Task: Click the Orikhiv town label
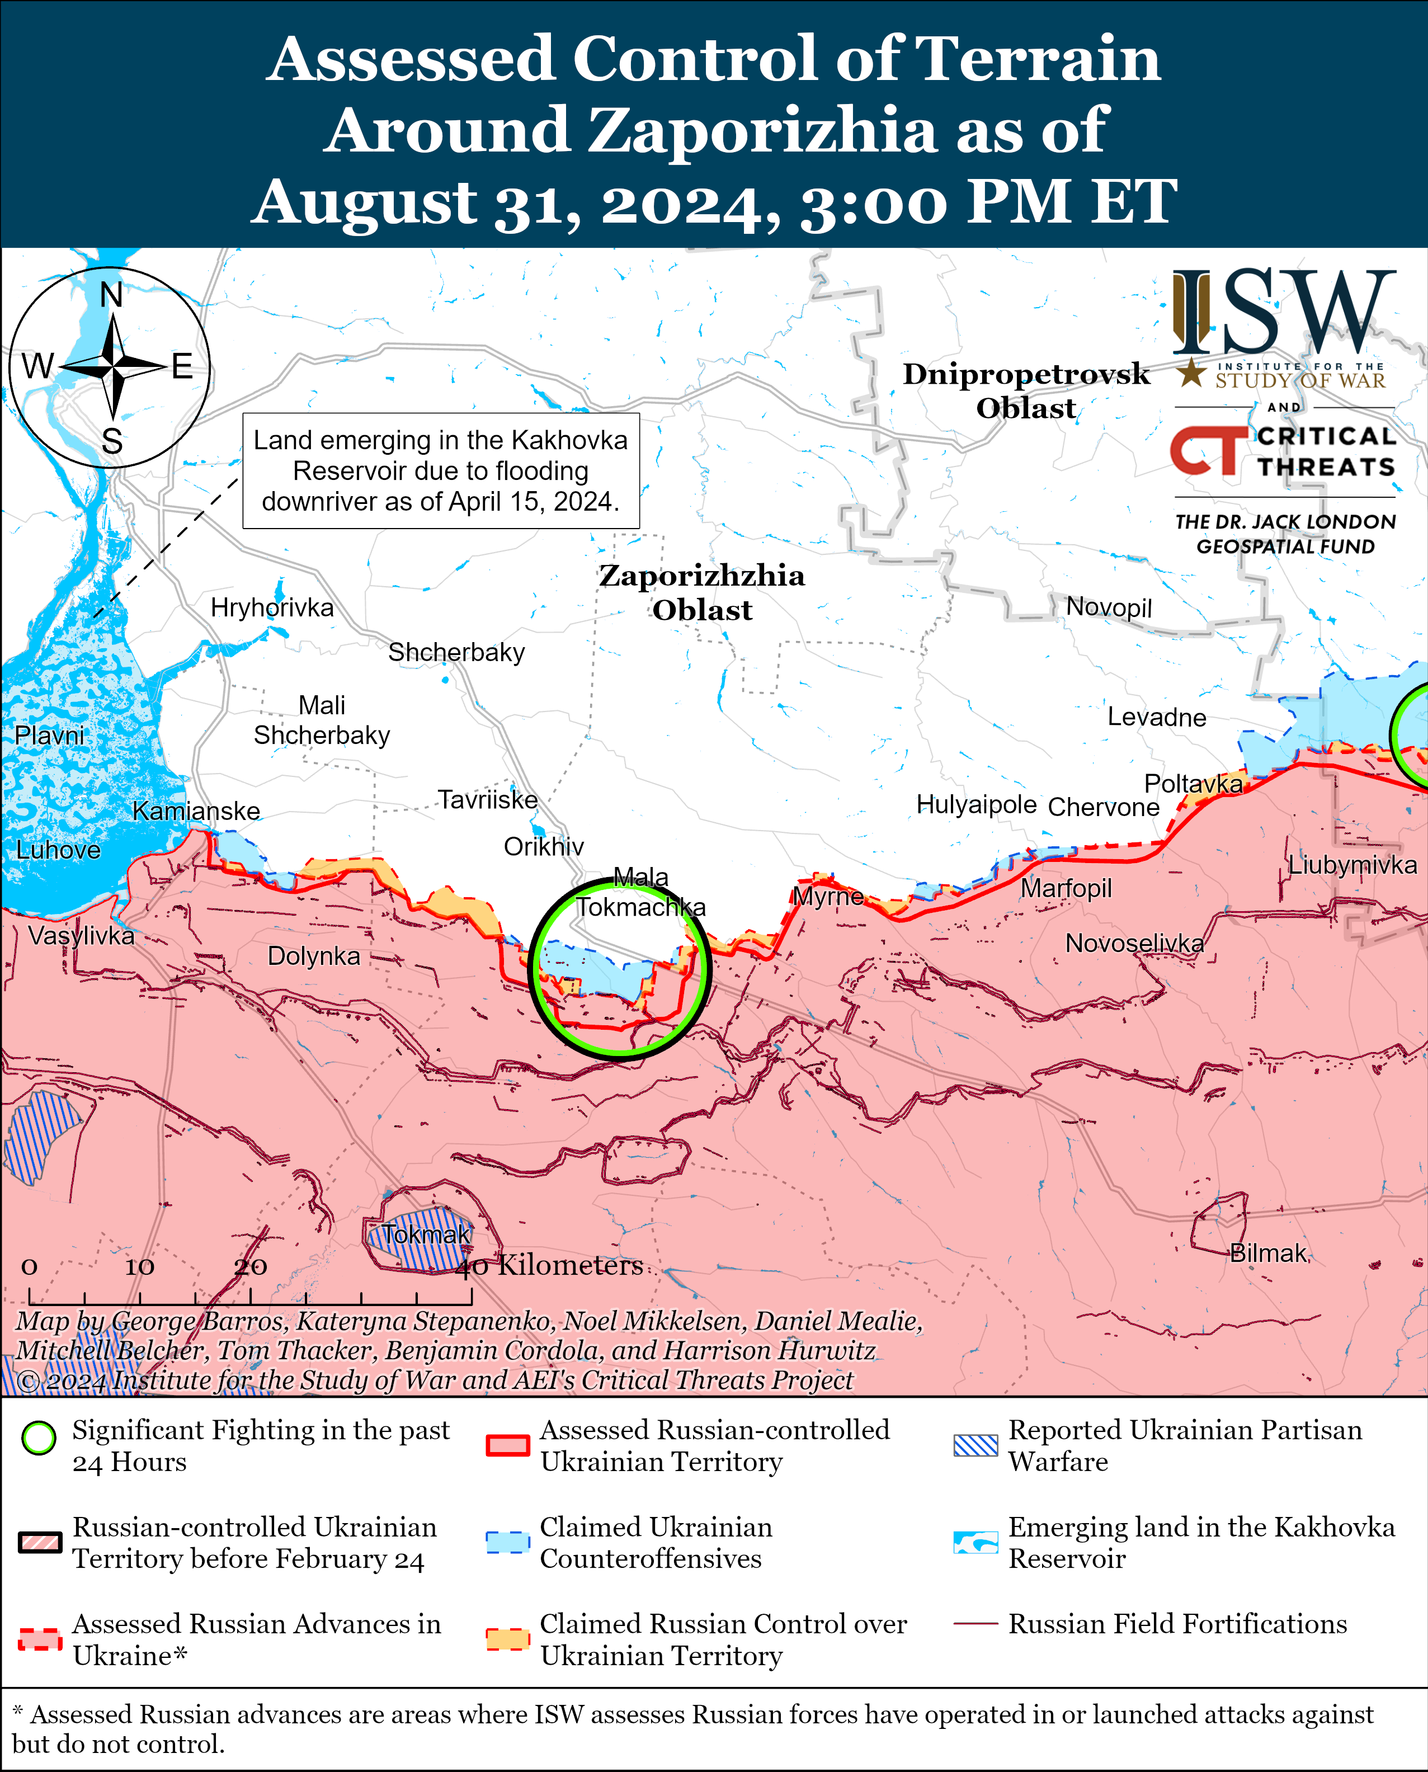(544, 846)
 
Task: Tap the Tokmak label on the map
(426, 1234)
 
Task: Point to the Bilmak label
(1267, 1253)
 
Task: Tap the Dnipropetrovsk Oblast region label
(1026, 391)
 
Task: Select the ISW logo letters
(1283, 313)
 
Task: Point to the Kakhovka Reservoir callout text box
(440, 470)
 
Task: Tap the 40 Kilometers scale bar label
(549, 1265)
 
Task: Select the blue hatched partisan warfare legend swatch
(975, 1445)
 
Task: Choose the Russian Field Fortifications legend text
(1177, 1624)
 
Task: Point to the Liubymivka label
(1351, 865)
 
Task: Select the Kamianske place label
(196, 811)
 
